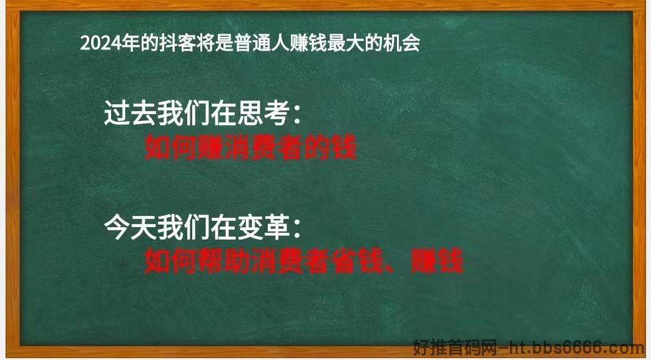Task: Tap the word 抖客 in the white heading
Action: point(178,43)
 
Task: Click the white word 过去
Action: point(130,113)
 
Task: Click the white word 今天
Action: point(130,227)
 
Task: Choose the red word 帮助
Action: point(224,261)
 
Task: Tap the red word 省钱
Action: point(358,261)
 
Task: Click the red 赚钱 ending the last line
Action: point(437,261)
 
